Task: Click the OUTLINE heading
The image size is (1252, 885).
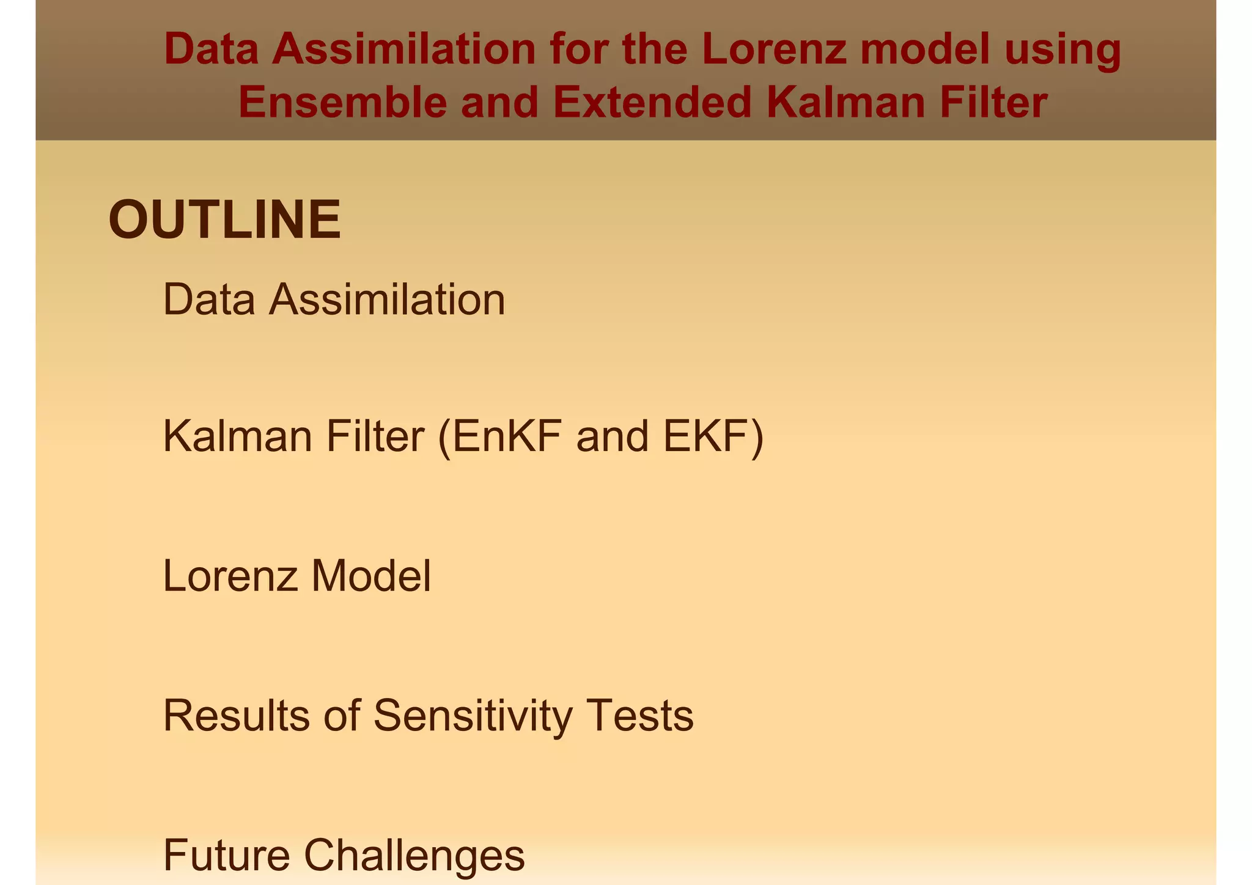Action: pyautogui.click(x=224, y=220)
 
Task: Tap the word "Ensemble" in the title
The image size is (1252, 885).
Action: pyautogui.click(x=343, y=102)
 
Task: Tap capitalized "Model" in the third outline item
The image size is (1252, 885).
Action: pyautogui.click(x=371, y=576)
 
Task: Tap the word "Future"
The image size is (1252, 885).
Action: pyautogui.click(x=226, y=854)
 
